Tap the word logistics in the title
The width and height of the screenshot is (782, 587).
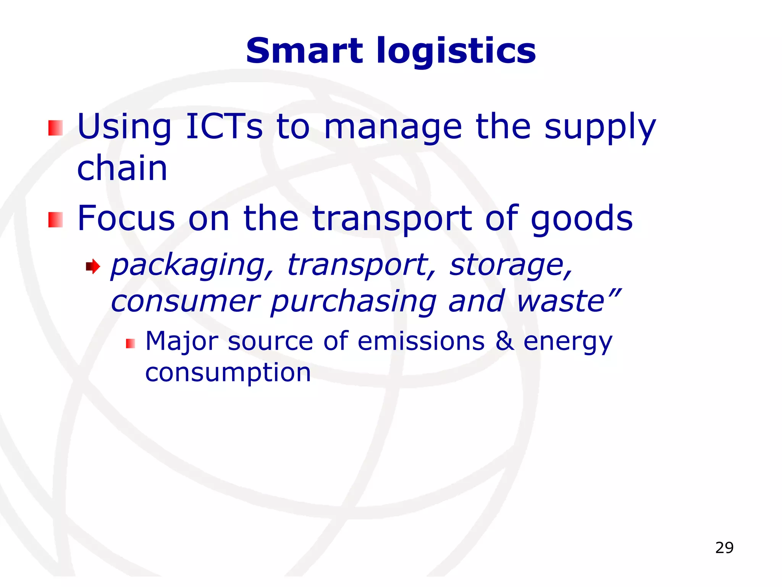[x=456, y=52]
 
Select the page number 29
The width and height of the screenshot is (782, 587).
[x=724, y=548]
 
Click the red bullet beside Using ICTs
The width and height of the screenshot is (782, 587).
[x=55, y=128]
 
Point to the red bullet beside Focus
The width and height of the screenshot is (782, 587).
[x=55, y=220]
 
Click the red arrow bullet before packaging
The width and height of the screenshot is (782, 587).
[x=93, y=266]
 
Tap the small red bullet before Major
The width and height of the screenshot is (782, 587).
[x=130, y=344]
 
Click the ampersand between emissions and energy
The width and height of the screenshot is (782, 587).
[x=504, y=341]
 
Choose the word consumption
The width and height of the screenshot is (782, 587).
[x=228, y=373]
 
